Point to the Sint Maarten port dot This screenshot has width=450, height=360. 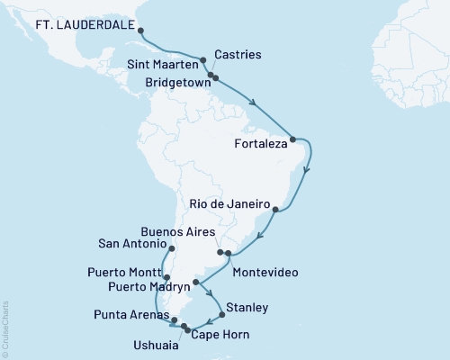[203, 61]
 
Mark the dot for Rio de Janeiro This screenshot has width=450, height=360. [276, 212]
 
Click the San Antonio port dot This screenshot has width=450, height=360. [170, 245]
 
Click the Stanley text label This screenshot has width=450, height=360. [247, 308]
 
